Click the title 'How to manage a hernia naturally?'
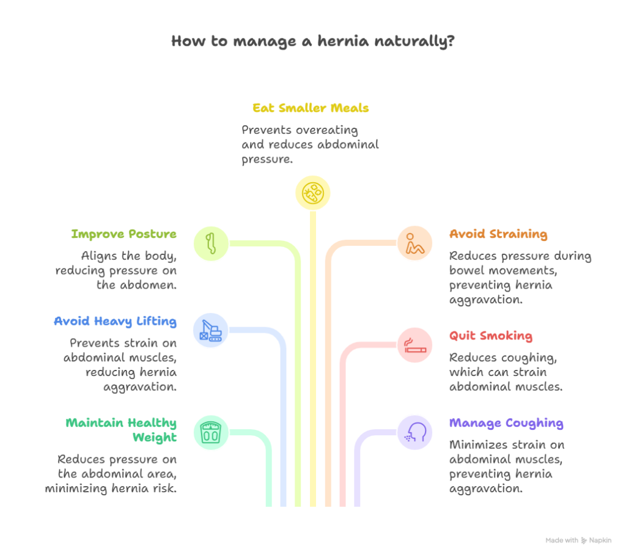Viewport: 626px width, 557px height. [312, 42]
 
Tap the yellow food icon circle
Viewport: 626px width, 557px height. [312, 193]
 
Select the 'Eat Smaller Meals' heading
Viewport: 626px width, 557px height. [310, 109]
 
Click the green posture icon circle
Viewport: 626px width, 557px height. [210, 243]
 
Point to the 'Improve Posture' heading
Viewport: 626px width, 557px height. [124, 234]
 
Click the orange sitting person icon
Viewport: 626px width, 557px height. [415, 243]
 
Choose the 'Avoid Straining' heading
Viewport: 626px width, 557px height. [498, 234]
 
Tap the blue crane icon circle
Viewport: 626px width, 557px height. [210, 330]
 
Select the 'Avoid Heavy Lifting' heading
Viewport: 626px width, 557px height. [116, 321]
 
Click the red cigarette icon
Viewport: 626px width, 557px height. [415, 345]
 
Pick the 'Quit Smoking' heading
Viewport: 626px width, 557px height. [490, 336]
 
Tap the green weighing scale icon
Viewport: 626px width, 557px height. [210, 432]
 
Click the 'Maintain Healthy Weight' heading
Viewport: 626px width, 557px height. [122, 430]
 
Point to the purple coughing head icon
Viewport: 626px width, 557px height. [415, 432]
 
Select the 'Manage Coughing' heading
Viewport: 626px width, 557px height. [506, 423]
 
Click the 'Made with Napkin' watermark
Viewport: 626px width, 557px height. [578, 540]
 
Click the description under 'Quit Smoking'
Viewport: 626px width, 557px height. [506, 372]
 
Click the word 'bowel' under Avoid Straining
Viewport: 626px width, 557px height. [466, 270]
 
